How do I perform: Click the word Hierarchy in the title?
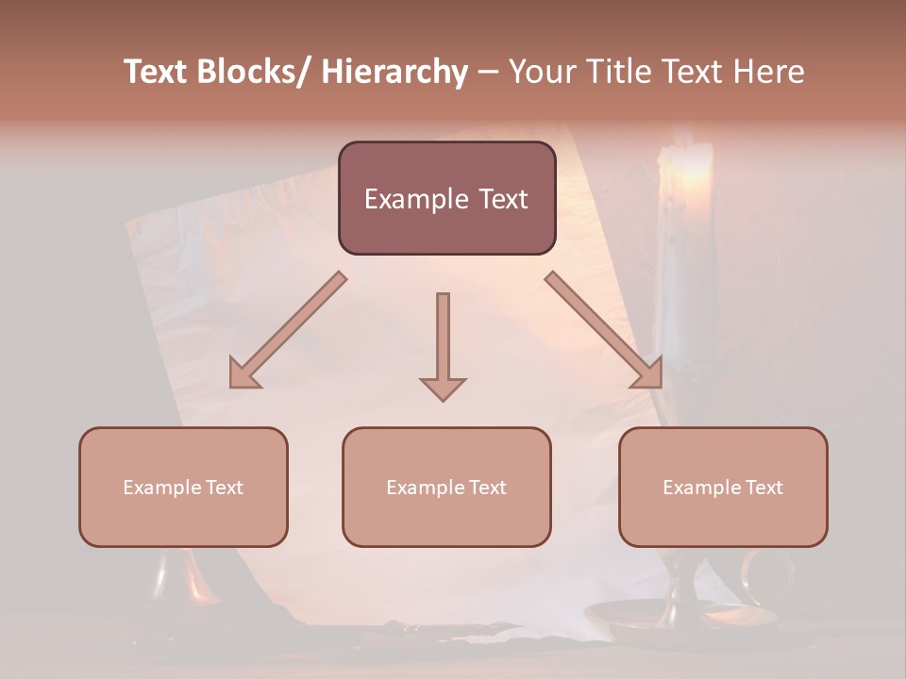coord(394,72)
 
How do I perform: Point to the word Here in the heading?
coord(771,72)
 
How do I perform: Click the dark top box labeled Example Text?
coord(446,198)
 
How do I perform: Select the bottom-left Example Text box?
coord(183,487)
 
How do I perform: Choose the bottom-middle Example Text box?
coord(446,487)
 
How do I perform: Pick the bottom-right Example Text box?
coord(723,487)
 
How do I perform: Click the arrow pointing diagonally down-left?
coord(289,330)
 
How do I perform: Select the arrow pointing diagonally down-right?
coord(604,330)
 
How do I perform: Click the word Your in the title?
coord(541,72)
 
